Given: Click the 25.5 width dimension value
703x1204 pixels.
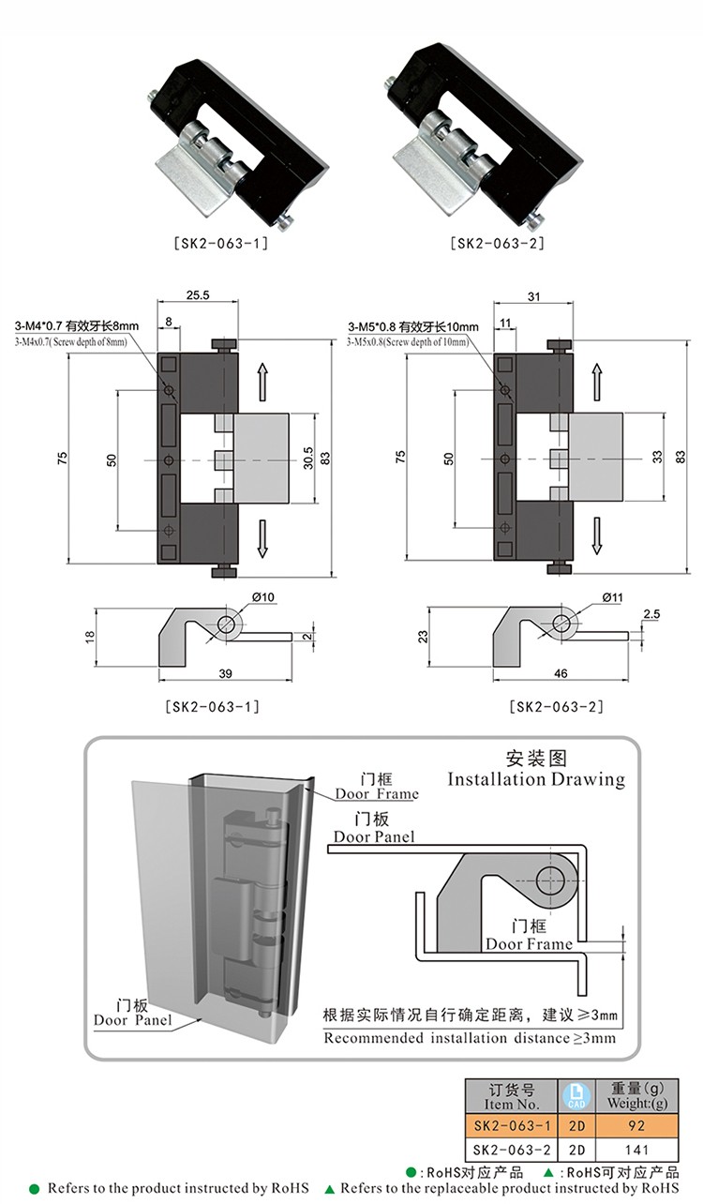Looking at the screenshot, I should point(198,295).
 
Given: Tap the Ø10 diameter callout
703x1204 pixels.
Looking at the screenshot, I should point(262,597).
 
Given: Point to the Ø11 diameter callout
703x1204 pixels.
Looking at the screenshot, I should point(599,597).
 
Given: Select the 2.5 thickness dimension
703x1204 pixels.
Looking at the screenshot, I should point(652,614).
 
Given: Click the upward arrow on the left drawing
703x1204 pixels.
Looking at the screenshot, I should point(263,383).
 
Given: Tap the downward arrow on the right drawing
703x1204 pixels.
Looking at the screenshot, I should point(596,537).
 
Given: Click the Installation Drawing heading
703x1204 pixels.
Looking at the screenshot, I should point(535,779).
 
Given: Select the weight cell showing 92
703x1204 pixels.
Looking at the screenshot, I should point(636,1123).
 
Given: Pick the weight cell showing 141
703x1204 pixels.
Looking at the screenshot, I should point(636,1149).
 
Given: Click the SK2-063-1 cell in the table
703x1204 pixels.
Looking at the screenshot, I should point(512,1123).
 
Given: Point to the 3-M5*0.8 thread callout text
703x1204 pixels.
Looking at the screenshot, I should point(412,327).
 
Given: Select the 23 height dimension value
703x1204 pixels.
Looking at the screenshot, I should point(424,636).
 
